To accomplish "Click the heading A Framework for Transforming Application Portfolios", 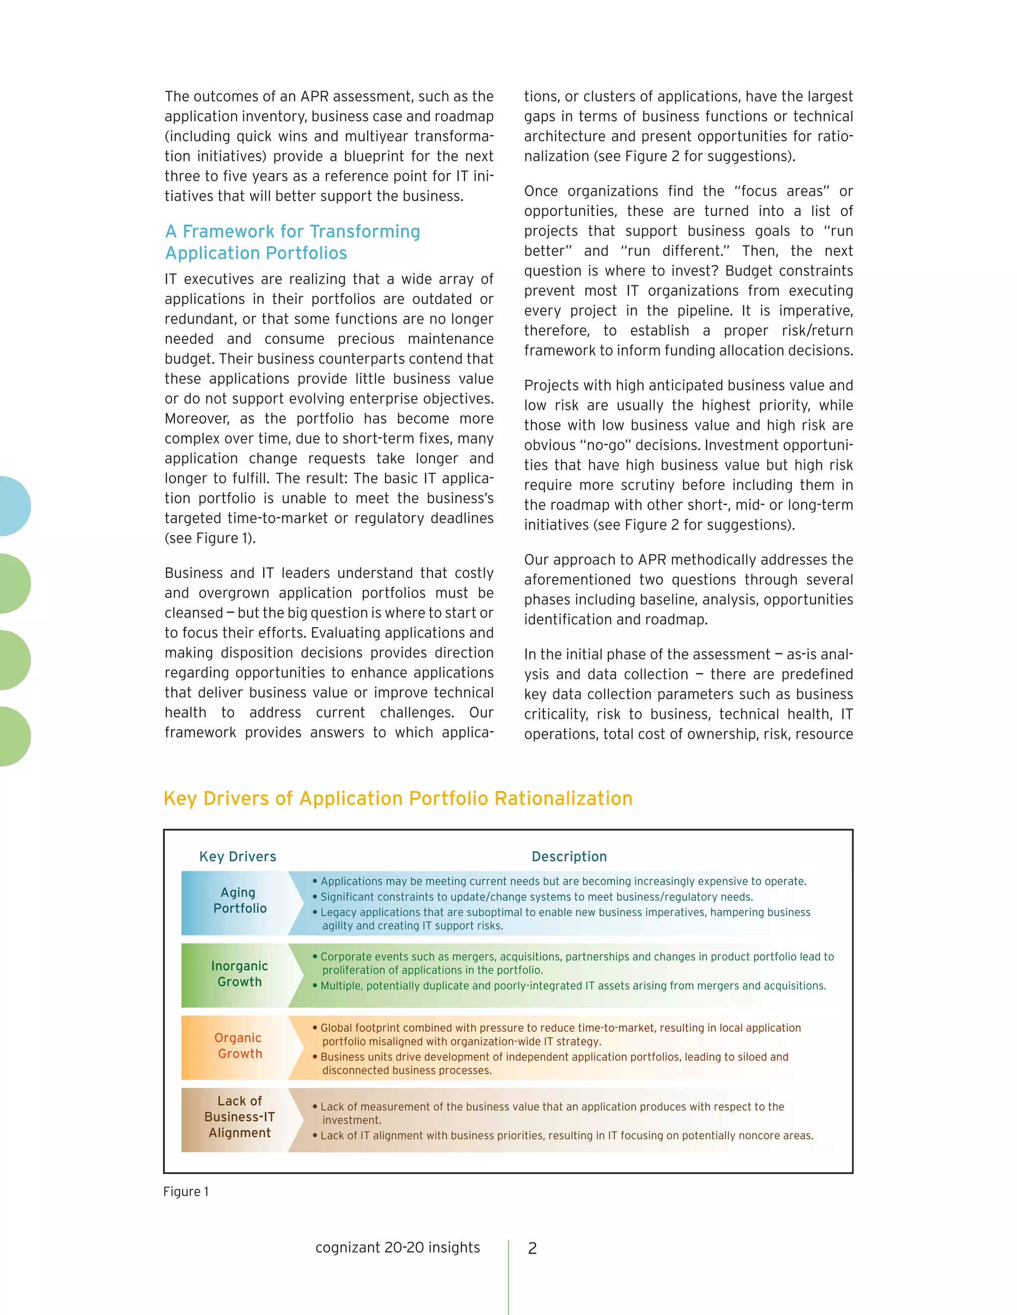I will click(x=293, y=242).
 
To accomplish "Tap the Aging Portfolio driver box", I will click(x=239, y=900).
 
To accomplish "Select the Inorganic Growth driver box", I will click(x=239, y=974).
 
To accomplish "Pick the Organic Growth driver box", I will click(x=239, y=1046).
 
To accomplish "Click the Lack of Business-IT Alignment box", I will click(x=239, y=1117).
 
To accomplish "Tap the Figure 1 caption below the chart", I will click(x=186, y=1191).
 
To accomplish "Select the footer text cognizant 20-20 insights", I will click(x=398, y=1248).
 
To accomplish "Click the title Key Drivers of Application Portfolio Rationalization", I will click(x=398, y=798).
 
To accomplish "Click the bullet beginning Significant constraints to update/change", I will click(x=536, y=897).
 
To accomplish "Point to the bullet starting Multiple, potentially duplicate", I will click(x=573, y=986).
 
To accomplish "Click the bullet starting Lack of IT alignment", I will click(x=566, y=1135).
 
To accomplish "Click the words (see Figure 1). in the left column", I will click(x=210, y=538).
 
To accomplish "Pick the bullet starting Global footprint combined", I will click(x=560, y=1035).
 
